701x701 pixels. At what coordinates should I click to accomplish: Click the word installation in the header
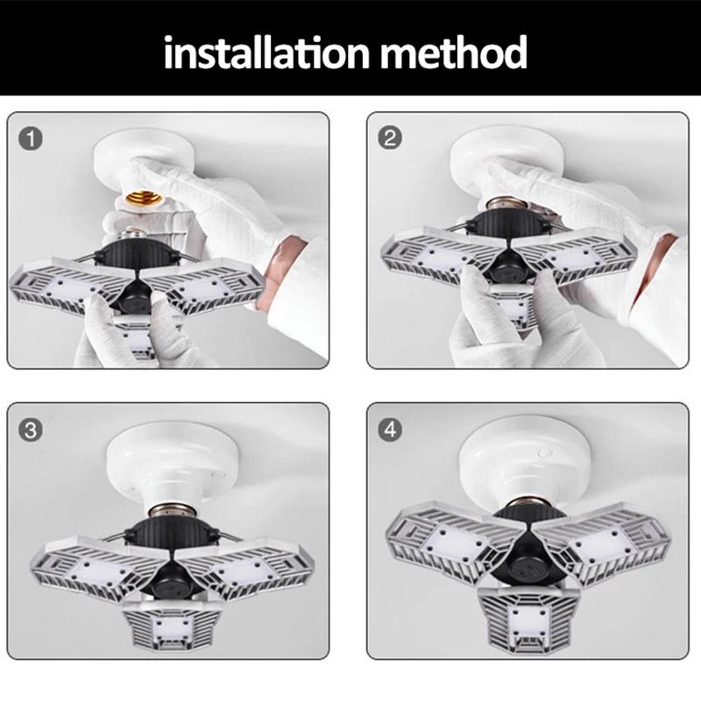pos(266,53)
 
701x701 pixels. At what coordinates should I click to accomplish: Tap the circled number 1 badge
pos(31,138)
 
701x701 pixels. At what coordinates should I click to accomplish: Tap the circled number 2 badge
pos(390,138)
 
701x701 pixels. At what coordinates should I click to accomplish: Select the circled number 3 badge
pos(31,430)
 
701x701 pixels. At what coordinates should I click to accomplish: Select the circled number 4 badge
pos(390,429)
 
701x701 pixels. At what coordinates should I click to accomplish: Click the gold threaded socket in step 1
pos(143,197)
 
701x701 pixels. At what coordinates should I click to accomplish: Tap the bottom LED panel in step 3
pos(172,625)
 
